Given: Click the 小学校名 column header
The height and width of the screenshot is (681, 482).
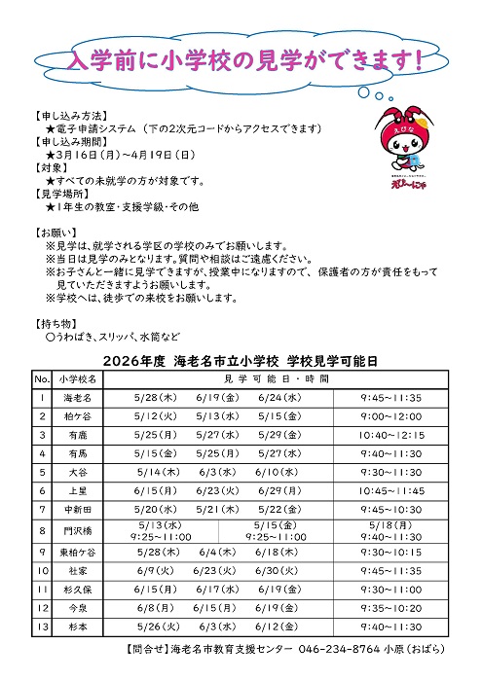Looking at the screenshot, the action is pos(77,377).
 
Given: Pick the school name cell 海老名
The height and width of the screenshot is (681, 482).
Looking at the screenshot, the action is pos(77,398).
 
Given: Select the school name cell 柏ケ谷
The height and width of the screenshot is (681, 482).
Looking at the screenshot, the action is pos(77,416).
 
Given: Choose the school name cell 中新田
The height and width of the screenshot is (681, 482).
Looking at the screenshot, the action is pos(77,508).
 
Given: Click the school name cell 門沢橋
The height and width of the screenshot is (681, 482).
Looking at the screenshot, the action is pos(77,530).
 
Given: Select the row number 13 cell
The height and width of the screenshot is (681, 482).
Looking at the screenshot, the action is pos(42,627).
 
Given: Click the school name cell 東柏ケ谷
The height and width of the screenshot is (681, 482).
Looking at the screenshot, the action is pos(77,553).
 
